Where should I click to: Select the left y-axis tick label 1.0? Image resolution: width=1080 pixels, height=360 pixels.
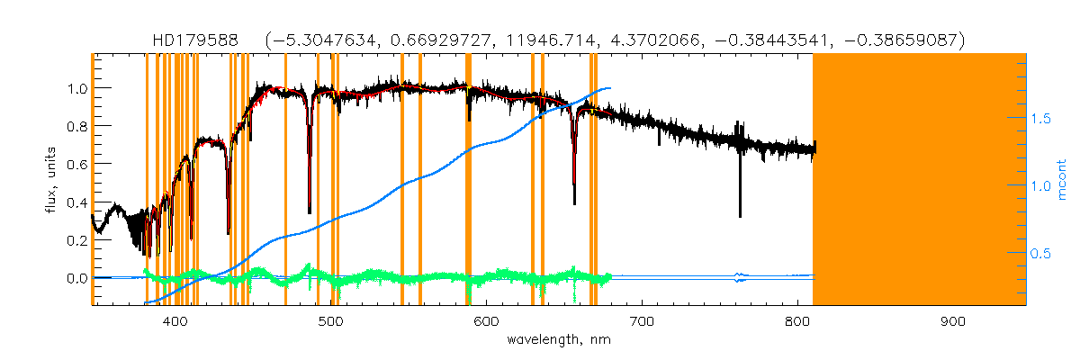(x=75, y=88)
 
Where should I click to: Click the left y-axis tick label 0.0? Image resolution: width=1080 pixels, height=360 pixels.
(x=75, y=278)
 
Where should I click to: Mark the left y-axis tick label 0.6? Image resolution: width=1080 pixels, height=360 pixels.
(x=75, y=165)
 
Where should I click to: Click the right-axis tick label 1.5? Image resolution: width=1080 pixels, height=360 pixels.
(x=1042, y=118)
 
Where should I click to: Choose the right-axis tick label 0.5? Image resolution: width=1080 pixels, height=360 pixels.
(x=1042, y=254)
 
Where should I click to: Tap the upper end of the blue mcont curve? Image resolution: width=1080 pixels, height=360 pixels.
(x=610, y=88)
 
